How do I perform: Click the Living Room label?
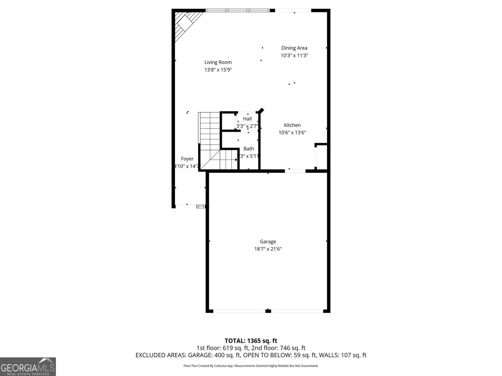point(218,62)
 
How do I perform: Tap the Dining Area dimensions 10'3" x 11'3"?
point(294,55)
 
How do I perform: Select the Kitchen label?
point(292,125)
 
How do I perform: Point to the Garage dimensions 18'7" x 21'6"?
point(268,249)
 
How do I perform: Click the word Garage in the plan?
point(268,242)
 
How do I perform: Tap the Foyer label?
point(187,159)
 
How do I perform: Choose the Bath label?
point(248,149)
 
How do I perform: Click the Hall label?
point(247,119)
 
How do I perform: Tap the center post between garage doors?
point(268,311)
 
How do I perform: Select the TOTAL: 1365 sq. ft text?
point(251,341)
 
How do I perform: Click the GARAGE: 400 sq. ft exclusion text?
point(214,355)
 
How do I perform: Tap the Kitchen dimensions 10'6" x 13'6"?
point(292,133)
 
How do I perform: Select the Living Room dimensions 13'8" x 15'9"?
point(218,70)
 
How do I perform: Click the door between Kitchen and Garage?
point(295,171)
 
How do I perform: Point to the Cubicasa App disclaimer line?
point(251,366)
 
